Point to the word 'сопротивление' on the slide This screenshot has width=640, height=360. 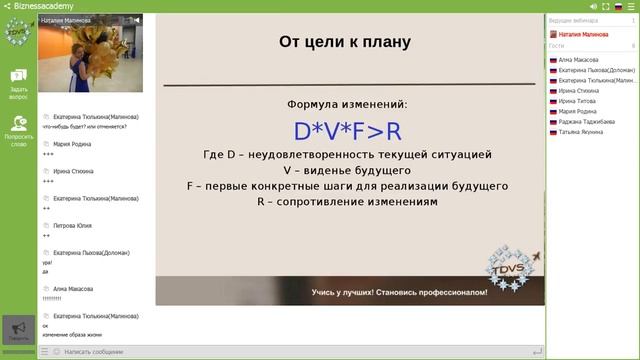tap(328, 202)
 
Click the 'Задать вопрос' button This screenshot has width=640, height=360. tap(18, 84)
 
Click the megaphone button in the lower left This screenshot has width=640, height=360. tap(18, 329)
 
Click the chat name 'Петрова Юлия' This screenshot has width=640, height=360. tap(74, 226)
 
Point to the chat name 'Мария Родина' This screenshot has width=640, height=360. tap(73, 144)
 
